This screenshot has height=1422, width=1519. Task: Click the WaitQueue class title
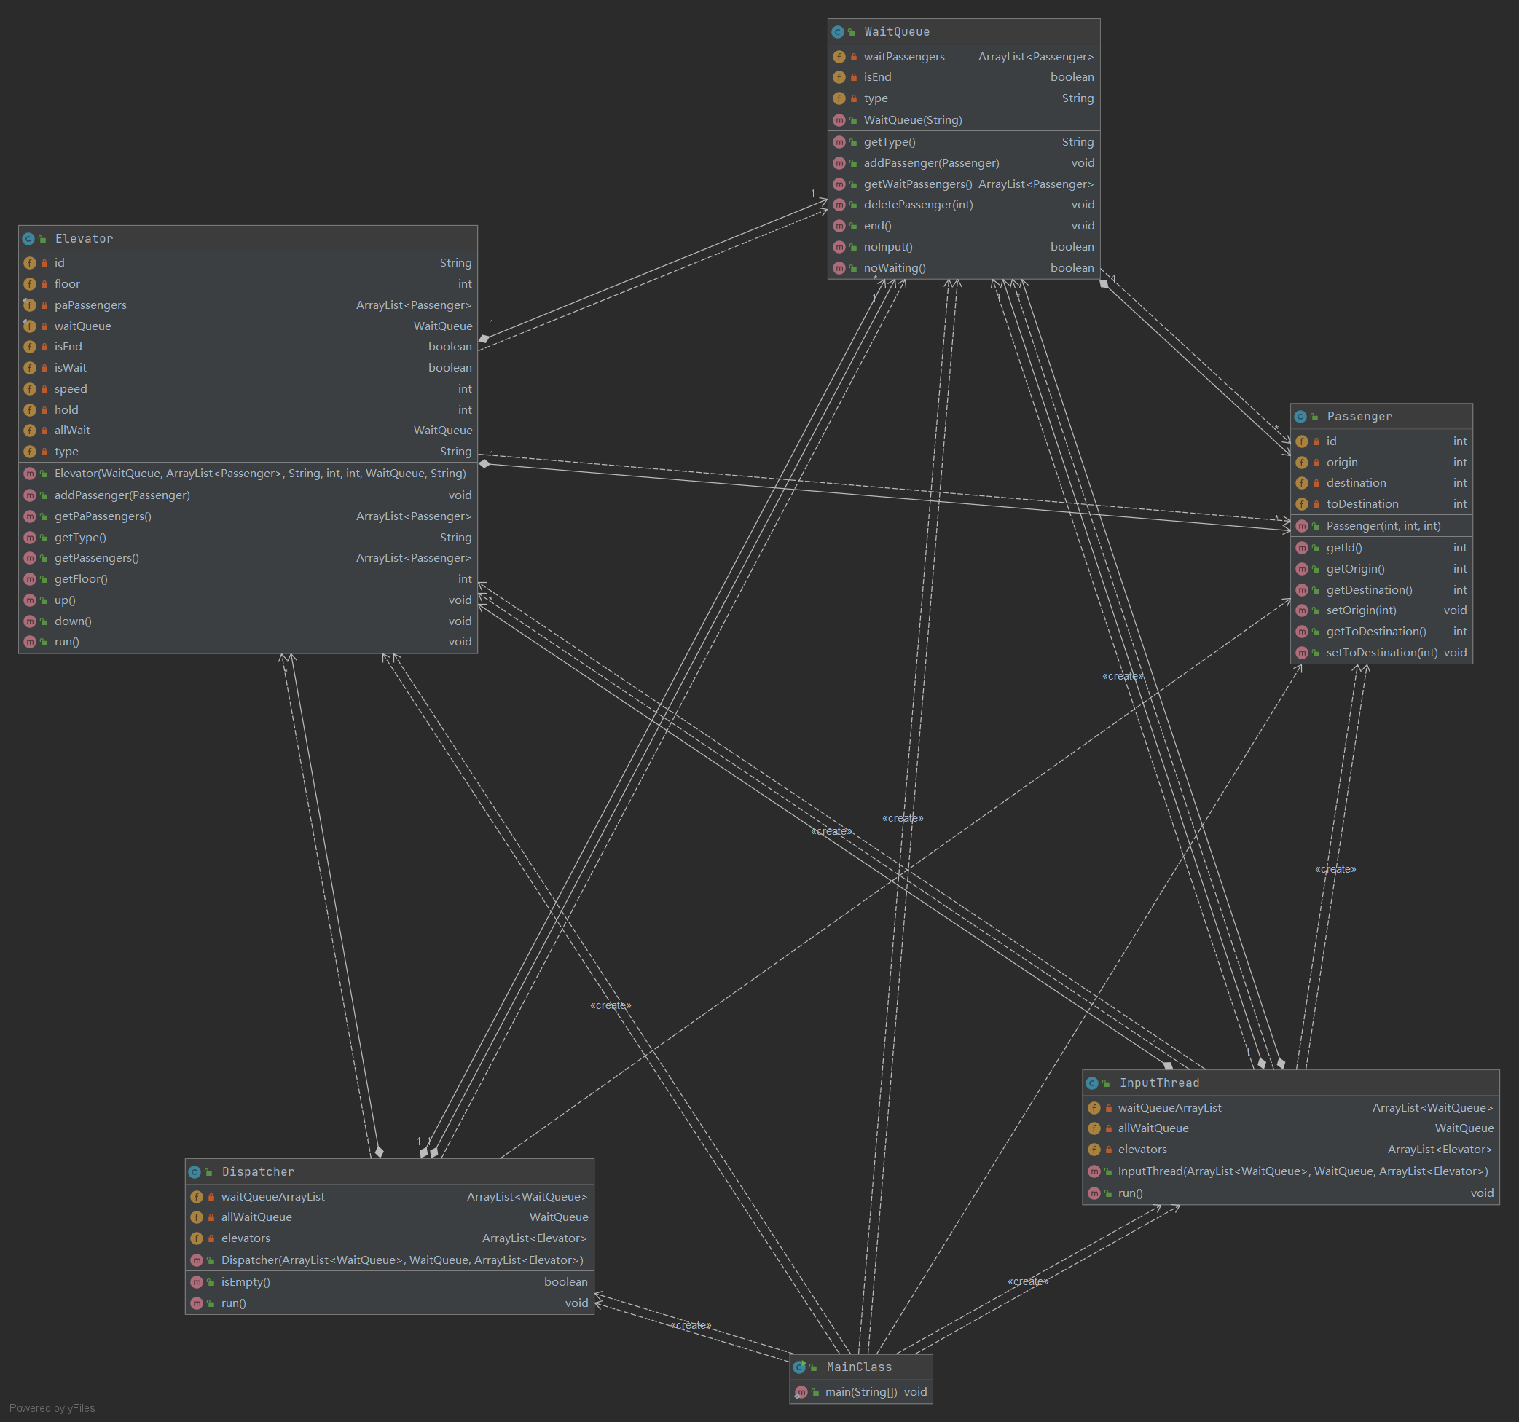point(896,31)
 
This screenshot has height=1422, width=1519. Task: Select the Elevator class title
point(84,238)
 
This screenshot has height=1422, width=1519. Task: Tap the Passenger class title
point(1359,417)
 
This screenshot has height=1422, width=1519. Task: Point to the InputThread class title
point(1159,1083)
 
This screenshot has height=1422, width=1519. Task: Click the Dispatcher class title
point(257,1171)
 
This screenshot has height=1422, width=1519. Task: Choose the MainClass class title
point(859,1367)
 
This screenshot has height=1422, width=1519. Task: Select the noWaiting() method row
point(895,268)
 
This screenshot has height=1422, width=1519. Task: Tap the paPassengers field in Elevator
point(90,305)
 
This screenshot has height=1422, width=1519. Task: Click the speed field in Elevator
point(70,389)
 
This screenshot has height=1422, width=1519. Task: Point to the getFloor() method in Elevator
point(81,579)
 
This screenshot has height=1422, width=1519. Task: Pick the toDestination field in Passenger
point(1362,504)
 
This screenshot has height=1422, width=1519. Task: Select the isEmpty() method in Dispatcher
point(246,1282)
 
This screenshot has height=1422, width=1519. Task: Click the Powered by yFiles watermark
point(52,1408)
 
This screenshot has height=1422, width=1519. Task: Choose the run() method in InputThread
point(1130,1193)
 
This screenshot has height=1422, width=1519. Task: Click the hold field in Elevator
point(66,410)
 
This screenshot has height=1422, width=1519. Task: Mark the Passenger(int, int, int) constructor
point(1383,526)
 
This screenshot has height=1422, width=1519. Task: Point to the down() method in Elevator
point(73,621)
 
